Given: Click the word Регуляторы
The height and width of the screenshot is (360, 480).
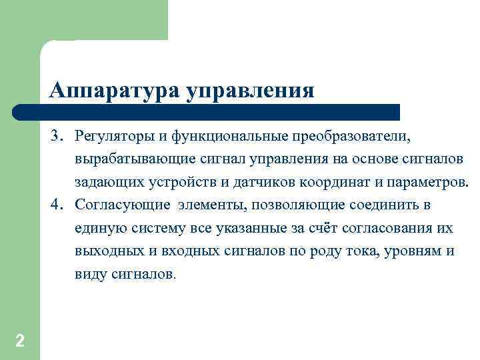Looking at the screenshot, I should click(x=114, y=137).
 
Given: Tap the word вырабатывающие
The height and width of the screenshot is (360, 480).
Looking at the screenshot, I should click(x=135, y=160).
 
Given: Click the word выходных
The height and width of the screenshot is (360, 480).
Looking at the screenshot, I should click(x=104, y=251).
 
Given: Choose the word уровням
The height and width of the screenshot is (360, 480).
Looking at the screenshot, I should click(x=413, y=251).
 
